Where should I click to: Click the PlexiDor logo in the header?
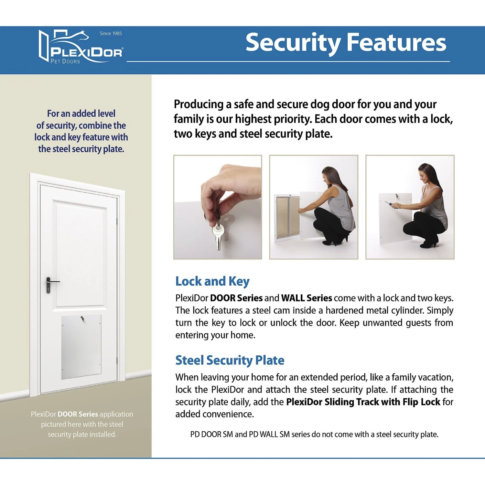click(x=81, y=47)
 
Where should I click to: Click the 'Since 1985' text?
click(x=111, y=33)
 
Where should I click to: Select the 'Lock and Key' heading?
click(x=212, y=282)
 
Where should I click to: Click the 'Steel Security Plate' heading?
click(x=230, y=360)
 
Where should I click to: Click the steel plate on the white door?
click(x=81, y=347)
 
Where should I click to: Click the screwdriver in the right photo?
click(x=390, y=204)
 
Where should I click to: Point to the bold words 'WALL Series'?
click(x=307, y=298)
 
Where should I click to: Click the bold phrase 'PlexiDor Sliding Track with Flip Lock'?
click(x=363, y=402)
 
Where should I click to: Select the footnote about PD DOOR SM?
click(x=314, y=434)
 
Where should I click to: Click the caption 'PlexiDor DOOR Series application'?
click(x=82, y=414)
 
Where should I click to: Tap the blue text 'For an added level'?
click(x=81, y=113)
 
